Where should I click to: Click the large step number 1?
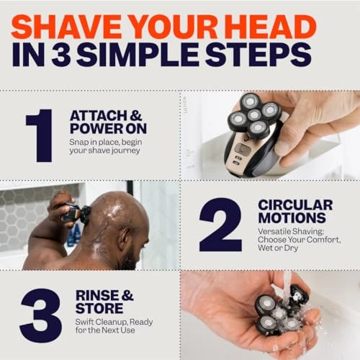point(40,135)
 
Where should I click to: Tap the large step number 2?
point(220,225)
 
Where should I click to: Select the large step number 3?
point(40,315)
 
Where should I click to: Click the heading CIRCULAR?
point(296,205)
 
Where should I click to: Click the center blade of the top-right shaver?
point(253,115)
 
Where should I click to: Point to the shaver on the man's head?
point(78,214)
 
